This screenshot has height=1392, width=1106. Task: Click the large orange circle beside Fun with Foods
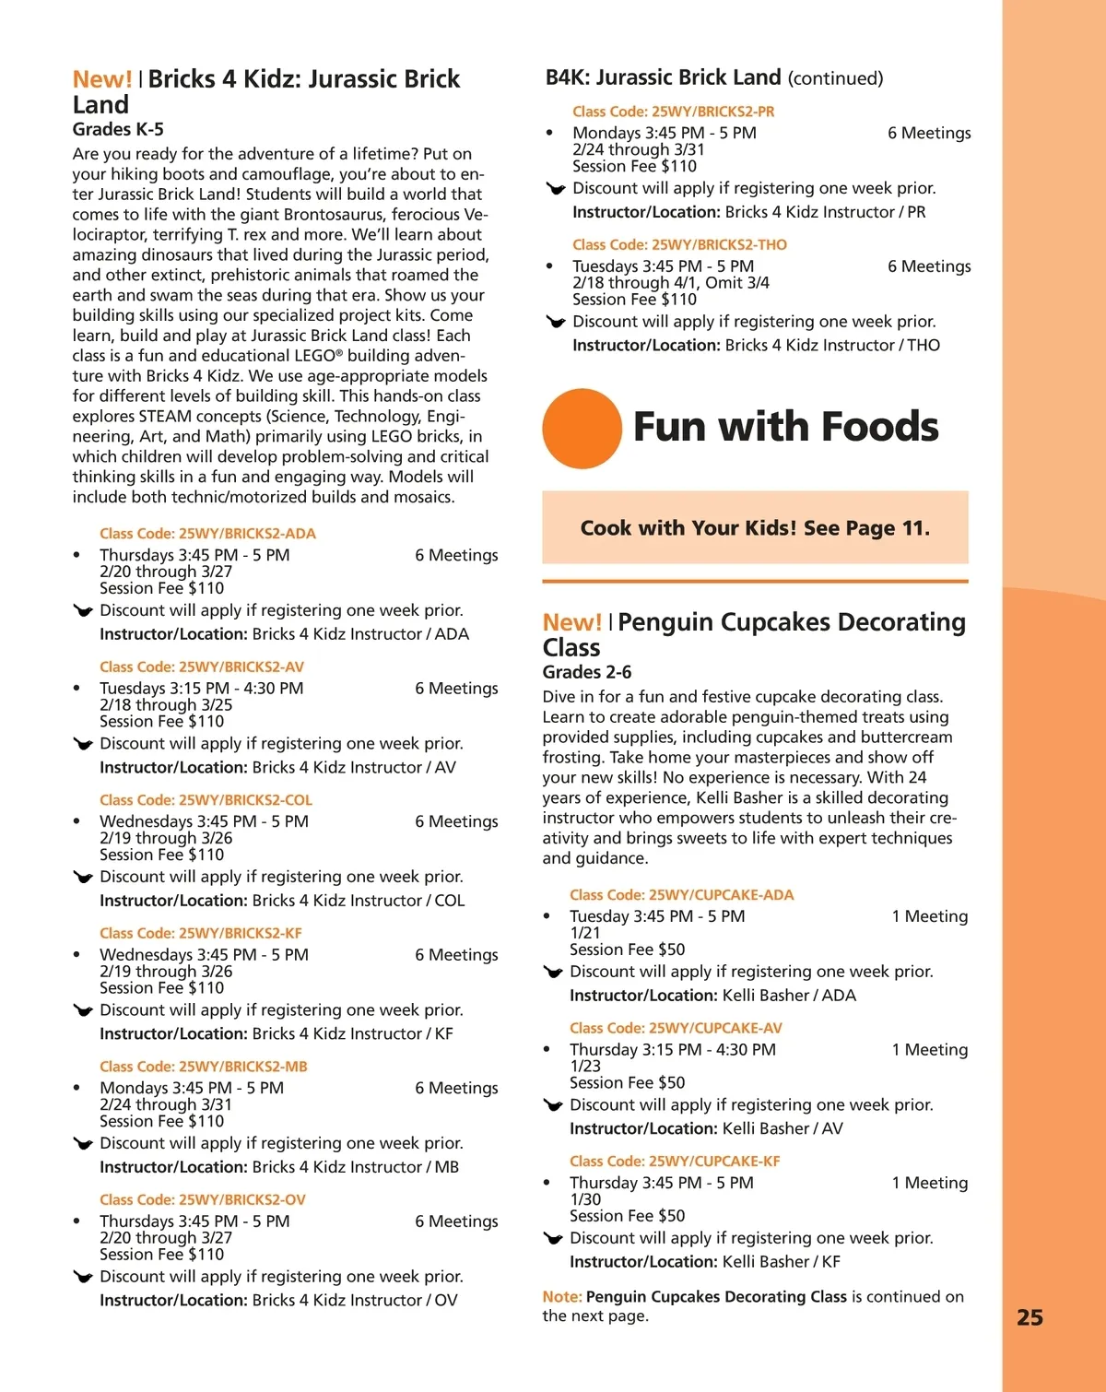(x=582, y=429)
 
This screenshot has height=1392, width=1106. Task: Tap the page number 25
(x=1030, y=1317)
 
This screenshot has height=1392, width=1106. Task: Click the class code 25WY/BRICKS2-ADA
(x=207, y=534)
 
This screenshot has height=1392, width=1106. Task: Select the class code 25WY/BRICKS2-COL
(x=206, y=800)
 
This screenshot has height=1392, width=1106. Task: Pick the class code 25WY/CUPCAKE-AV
(x=676, y=1028)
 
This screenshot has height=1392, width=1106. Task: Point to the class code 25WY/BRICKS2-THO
(x=679, y=245)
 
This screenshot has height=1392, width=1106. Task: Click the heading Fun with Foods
(x=785, y=427)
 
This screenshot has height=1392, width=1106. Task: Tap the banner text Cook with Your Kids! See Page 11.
(x=755, y=528)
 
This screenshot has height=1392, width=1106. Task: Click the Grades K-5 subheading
(x=118, y=130)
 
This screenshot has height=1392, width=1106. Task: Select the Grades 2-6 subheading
(x=587, y=672)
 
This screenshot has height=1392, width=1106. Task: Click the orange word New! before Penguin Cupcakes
(x=571, y=622)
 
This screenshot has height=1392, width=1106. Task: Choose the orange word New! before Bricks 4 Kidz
(x=102, y=79)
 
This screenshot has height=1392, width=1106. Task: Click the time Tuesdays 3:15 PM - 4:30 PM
(x=201, y=689)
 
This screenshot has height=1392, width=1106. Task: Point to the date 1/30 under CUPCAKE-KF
(x=585, y=1199)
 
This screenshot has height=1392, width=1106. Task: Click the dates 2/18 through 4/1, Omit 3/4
(x=670, y=283)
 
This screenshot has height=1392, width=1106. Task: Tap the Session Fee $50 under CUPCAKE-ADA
(x=627, y=950)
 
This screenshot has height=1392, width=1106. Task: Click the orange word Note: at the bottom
(x=562, y=1297)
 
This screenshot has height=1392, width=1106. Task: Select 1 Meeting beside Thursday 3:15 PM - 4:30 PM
(x=929, y=1050)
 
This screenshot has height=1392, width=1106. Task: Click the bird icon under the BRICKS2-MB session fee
(x=83, y=1144)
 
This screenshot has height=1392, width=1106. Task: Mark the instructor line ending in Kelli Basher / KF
(x=704, y=1262)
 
